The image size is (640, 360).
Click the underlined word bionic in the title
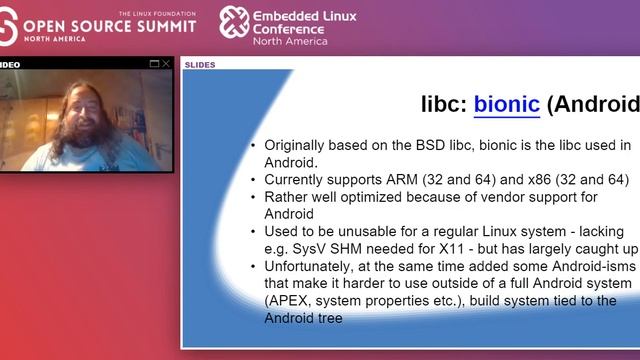(x=507, y=104)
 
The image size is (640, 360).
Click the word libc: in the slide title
(x=443, y=104)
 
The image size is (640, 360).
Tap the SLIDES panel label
(x=199, y=65)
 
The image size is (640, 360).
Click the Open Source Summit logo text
(x=110, y=24)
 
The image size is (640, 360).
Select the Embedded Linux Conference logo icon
(x=234, y=22)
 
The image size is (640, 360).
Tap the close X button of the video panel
(x=166, y=64)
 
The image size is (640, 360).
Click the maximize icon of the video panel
(x=154, y=64)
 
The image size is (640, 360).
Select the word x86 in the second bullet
(x=549, y=179)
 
